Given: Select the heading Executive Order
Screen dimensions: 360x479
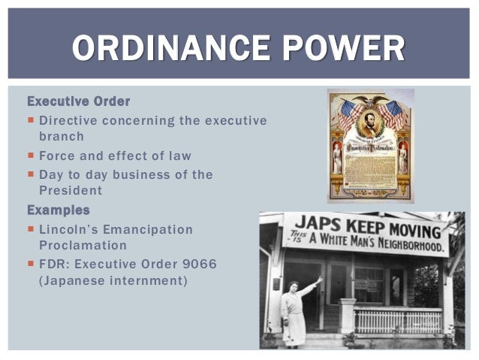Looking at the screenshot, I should click(x=79, y=101).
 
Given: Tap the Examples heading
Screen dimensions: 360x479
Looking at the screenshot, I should click(x=58, y=210).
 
